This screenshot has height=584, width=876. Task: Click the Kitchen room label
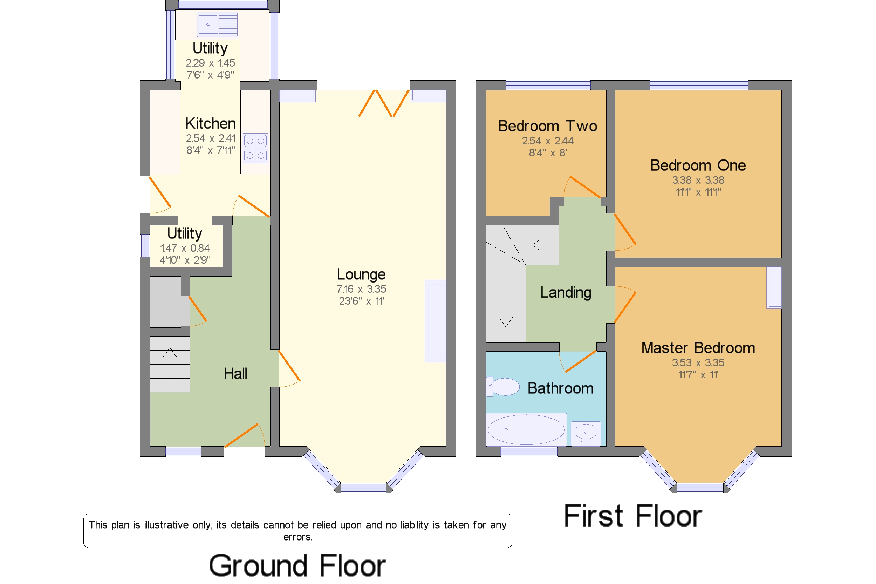click(x=210, y=123)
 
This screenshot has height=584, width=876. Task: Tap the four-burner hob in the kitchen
click(x=255, y=148)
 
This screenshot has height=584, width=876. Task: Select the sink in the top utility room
click(x=217, y=25)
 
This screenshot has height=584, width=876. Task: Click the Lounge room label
click(x=361, y=274)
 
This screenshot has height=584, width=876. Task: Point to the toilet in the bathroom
click(x=502, y=387)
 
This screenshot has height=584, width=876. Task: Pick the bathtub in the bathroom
click(x=526, y=429)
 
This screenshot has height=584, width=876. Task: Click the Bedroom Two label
click(x=547, y=126)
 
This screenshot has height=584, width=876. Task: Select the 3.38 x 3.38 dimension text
click(x=698, y=180)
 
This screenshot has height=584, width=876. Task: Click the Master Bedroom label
click(x=698, y=348)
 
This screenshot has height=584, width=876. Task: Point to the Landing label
click(x=566, y=293)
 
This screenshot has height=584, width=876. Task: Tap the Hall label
click(x=235, y=374)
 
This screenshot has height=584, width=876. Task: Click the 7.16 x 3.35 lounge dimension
click(x=361, y=289)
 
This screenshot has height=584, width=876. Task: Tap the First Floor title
click(x=632, y=516)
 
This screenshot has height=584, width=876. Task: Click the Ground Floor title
click(x=297, y=565)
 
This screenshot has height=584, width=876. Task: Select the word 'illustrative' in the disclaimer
click(x=166, y=525)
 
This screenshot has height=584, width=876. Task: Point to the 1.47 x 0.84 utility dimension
click(x=185, y=248)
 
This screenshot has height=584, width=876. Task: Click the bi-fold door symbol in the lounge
click(x=383, y=103)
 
